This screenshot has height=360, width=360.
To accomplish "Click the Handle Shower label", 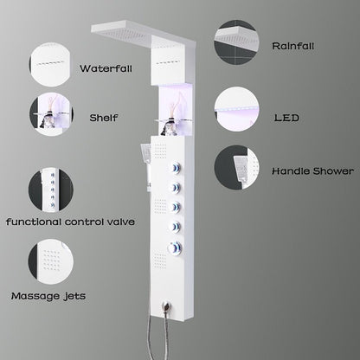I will [309, 172].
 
